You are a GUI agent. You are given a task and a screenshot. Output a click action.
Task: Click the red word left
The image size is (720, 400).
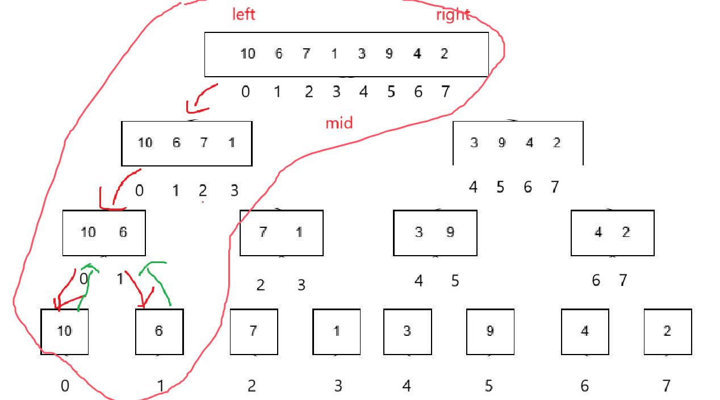(244, 14)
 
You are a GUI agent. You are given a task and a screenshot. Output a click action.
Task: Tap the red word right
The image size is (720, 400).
(453, 15)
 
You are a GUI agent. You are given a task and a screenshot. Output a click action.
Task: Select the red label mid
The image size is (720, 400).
(339, 123)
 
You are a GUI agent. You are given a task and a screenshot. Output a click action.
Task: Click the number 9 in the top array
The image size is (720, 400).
(389, 54)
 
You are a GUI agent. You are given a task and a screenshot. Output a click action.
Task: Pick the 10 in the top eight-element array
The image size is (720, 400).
(248, 54)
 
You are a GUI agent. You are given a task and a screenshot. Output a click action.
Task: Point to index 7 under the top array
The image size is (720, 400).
(445, 91)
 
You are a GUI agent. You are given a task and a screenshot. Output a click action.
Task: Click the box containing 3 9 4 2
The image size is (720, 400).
(518, 143)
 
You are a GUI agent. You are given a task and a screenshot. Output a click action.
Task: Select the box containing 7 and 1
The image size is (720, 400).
(282, 232)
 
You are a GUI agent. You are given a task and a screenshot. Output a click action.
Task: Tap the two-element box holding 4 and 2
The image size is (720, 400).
(612, 232)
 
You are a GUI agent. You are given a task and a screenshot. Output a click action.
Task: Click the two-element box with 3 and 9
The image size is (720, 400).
(435, 232)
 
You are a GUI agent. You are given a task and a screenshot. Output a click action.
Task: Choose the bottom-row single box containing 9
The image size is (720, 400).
(490, 331)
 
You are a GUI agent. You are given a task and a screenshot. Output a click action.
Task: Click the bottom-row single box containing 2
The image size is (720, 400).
(668, 331)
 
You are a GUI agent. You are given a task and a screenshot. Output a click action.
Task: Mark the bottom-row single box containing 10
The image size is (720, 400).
(65, 331)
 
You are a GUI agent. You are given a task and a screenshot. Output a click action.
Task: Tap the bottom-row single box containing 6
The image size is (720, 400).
(159, 331)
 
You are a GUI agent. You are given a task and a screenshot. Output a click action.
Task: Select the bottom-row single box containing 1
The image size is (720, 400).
(337, 331)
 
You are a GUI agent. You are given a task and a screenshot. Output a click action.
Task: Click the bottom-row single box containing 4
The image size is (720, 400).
(585, 331)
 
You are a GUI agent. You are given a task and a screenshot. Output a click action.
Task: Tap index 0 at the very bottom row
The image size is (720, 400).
(65, 386)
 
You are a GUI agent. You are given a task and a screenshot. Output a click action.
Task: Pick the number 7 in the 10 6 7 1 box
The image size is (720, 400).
(204, 143)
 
